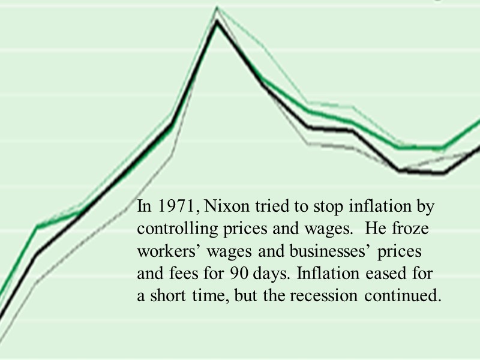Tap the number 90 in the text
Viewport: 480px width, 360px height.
237,274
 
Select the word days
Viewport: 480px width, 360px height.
271,274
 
